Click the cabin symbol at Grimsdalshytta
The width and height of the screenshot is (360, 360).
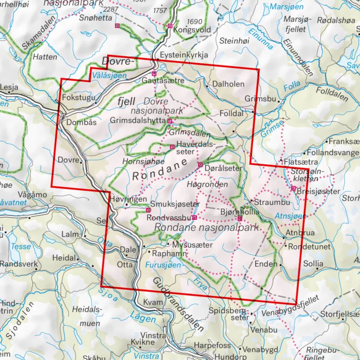click(170, 121)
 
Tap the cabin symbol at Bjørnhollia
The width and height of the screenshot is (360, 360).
click(239, 219)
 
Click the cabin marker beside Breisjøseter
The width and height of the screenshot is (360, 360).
click(293, 188)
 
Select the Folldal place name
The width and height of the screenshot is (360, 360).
click(231, 114)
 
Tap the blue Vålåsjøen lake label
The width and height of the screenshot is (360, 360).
click(108, 76)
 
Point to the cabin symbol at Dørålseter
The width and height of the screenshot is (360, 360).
click(200, 165)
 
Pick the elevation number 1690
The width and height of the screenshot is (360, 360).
click(195, 22)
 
